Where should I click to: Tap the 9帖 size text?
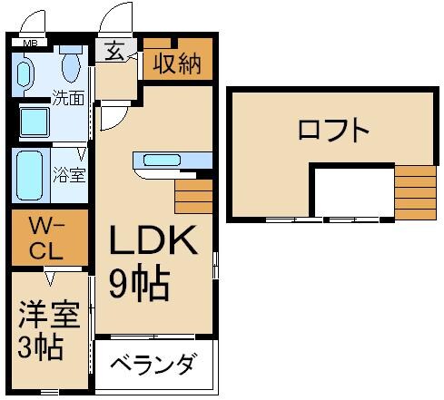tap(140, 283)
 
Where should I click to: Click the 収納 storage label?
tap(176, 64)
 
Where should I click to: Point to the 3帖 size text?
tap(42, 346)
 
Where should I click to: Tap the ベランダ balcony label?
tap(153, 366)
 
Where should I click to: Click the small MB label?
tap(30, 41)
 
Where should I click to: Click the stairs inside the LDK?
tap(192, 195)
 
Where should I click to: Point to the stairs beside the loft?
tap(416, 192)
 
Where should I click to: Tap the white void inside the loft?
tap(352, 192)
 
